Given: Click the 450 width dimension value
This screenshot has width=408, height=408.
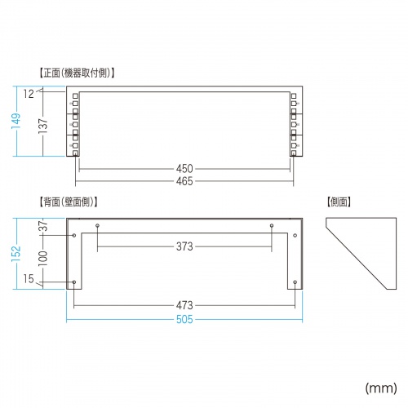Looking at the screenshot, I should tap(184, 169).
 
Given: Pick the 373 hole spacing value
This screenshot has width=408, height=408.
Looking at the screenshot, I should tap(184, 247).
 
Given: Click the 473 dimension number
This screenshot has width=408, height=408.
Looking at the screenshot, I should tap(184, 306).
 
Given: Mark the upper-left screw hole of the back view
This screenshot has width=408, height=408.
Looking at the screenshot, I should tap(76, 235).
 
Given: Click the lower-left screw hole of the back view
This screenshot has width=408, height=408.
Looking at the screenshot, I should tap(76, 283).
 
